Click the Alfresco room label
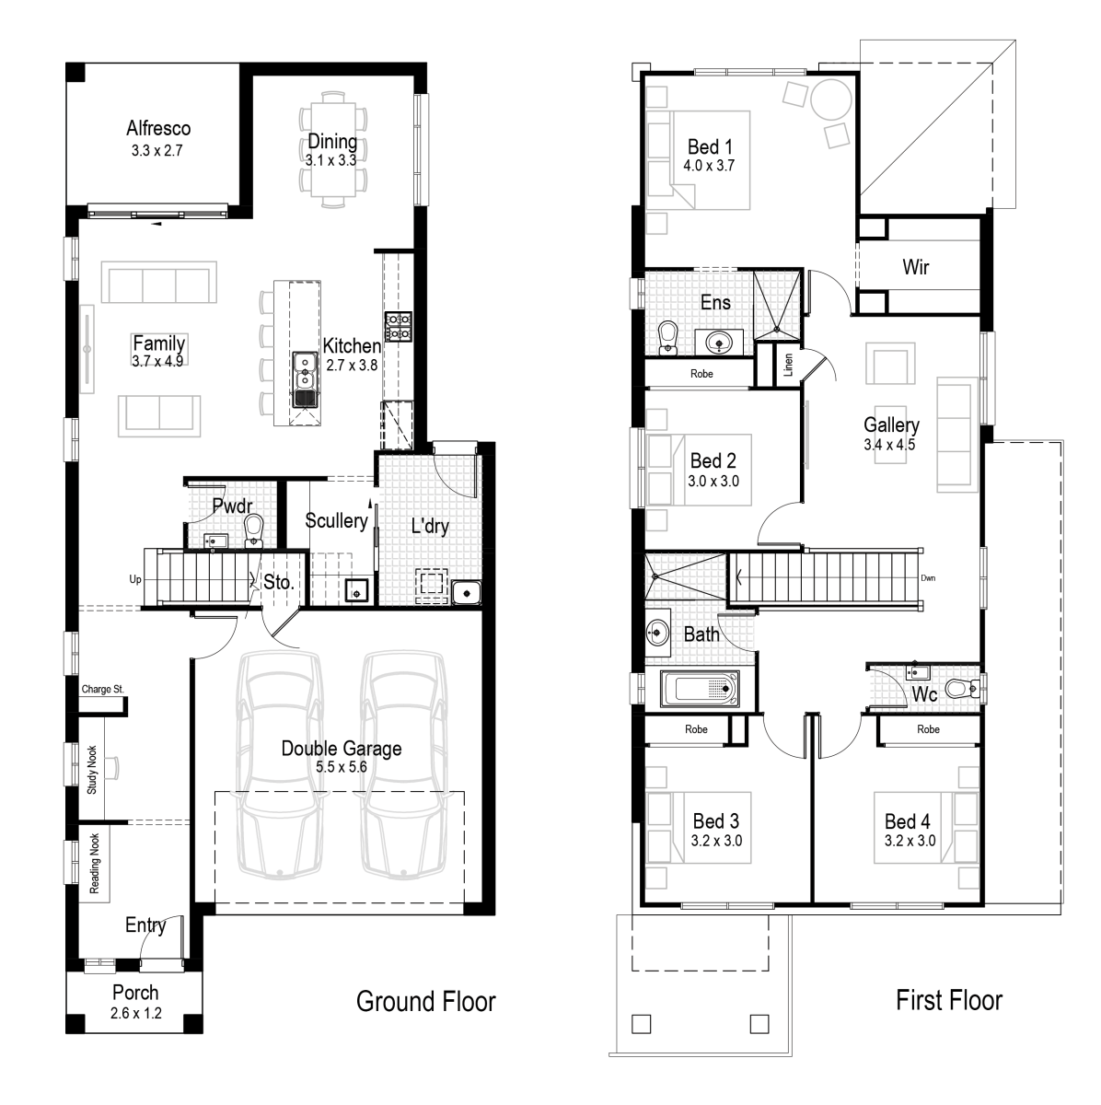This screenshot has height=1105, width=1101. [x=158, y=129]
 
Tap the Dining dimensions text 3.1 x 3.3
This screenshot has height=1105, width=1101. [x=331, y=159]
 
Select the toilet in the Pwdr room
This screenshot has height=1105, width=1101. [x=253, y=528]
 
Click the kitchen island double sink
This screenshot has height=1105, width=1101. [x=305, y=378]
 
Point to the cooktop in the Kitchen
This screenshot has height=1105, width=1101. [x=398, y=325]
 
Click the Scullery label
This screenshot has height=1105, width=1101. [x=337, y=521]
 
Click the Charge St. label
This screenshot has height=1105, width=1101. [x=102, y=689]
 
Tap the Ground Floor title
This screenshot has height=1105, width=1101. [x=426, y=1001]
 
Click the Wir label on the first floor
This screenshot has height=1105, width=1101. [x=915, y=268]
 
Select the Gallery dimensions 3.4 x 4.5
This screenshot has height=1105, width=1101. [x=891, y=444]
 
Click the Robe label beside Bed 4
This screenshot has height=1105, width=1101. [x=928, y=729]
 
